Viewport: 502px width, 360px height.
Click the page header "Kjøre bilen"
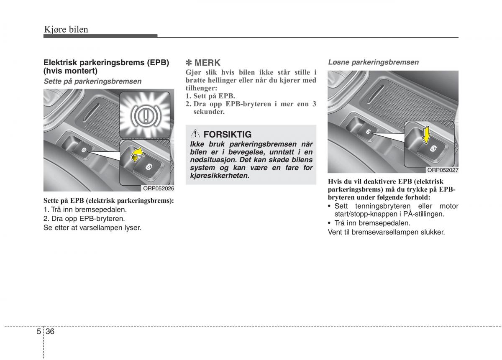[66, 29]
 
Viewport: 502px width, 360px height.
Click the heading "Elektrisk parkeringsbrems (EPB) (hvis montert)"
[106, 66]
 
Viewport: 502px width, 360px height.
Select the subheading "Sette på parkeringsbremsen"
[92, 81]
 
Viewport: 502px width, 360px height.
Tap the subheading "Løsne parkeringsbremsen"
[373, 62]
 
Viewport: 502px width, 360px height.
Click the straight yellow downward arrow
[425, 135]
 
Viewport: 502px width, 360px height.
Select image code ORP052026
[159, 188]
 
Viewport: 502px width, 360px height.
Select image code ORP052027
[443, 170]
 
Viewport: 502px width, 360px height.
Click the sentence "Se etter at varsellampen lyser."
[92, 228]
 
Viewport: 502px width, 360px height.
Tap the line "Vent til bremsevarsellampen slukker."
[386, 232]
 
